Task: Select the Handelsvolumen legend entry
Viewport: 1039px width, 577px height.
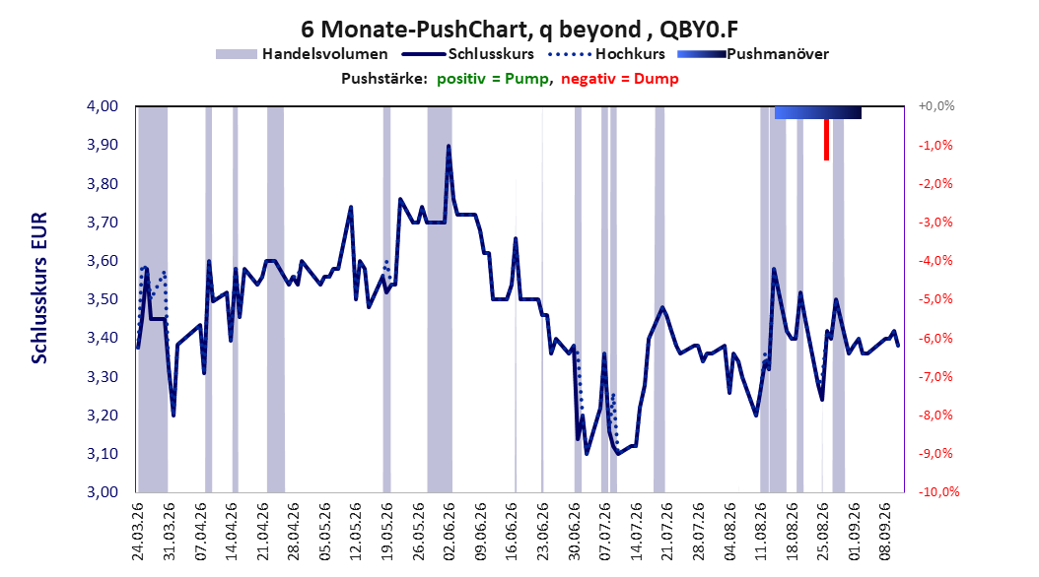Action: (x=302, y=54)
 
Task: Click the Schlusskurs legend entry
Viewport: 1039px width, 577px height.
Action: (x=468, y=54)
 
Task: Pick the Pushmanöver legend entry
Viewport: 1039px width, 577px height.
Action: (x=753, y=54)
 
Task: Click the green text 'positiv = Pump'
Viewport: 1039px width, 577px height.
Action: (x=492, y=79)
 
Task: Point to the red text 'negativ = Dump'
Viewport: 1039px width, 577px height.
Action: (x=620, y=79)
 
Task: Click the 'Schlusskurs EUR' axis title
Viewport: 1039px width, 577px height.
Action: (x=39, y=288)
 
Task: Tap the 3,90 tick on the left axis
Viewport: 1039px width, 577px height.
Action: (x=103, y=145)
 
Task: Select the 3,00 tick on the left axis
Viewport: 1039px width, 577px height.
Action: (x=103, y=491)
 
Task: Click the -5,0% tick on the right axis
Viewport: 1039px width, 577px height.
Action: (x=935, y=299)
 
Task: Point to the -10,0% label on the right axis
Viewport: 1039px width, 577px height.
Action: (x=938, y=491)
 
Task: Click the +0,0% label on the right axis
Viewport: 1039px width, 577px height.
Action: (x=936, y=106)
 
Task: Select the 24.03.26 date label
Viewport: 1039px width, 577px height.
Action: (x=138, y=532)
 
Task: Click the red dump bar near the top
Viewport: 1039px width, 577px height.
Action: (x=826, y=140)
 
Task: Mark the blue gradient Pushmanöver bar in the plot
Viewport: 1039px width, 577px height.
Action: (x=817, y=112)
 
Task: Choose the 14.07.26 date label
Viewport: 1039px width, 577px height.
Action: (x=636, y=532)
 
